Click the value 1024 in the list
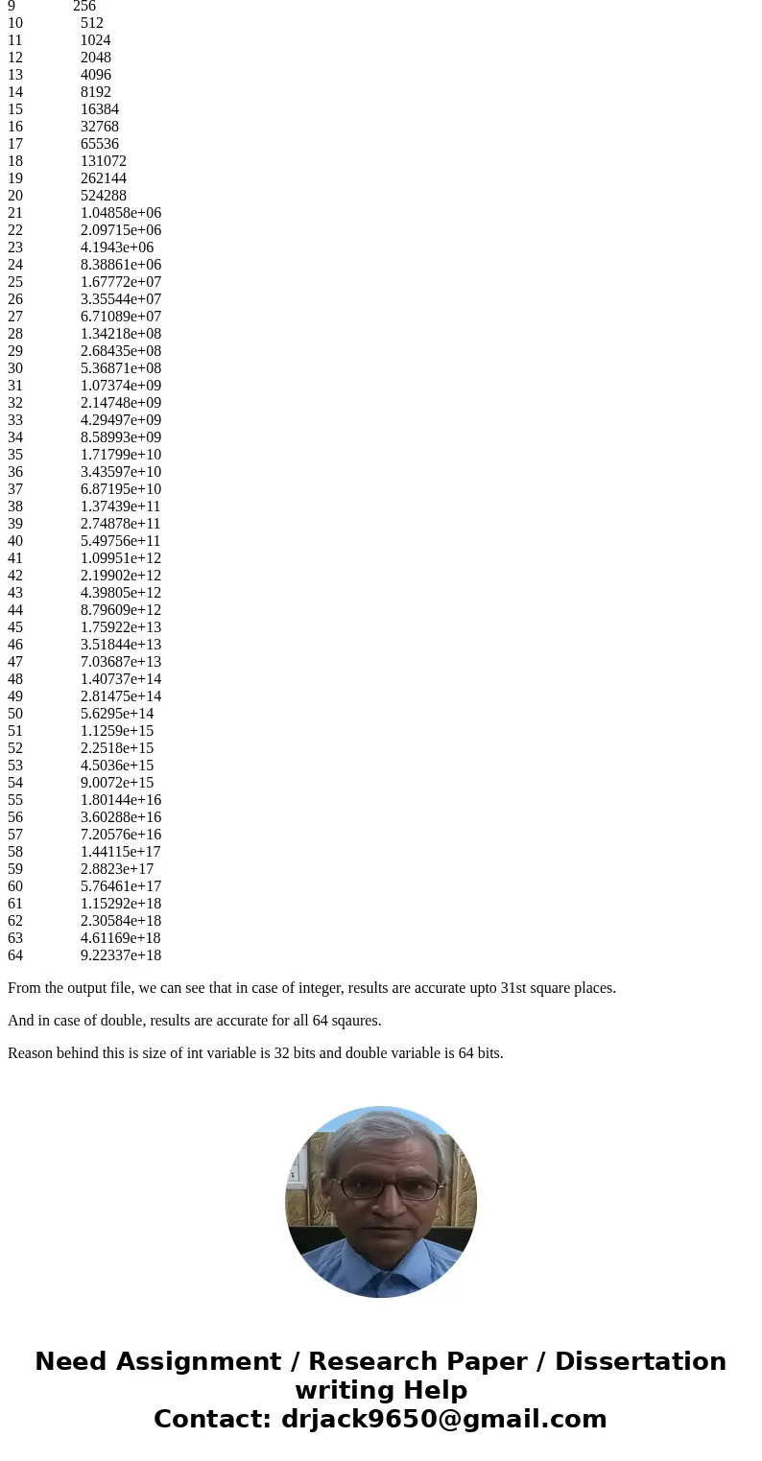pos(95,40)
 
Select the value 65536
pos(99,144)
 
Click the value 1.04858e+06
pos(121,213)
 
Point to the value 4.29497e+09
pos(121,420)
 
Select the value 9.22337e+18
pos(121,955)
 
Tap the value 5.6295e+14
pos(117,714)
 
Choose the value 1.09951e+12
pos(121,558)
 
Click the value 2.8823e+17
pos(117,869)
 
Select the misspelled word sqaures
pos(356,1021)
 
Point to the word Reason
pos(30,1053)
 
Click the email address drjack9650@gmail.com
pos(443,1420)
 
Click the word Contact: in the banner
pos(212,1420)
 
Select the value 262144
pos(103,178)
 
